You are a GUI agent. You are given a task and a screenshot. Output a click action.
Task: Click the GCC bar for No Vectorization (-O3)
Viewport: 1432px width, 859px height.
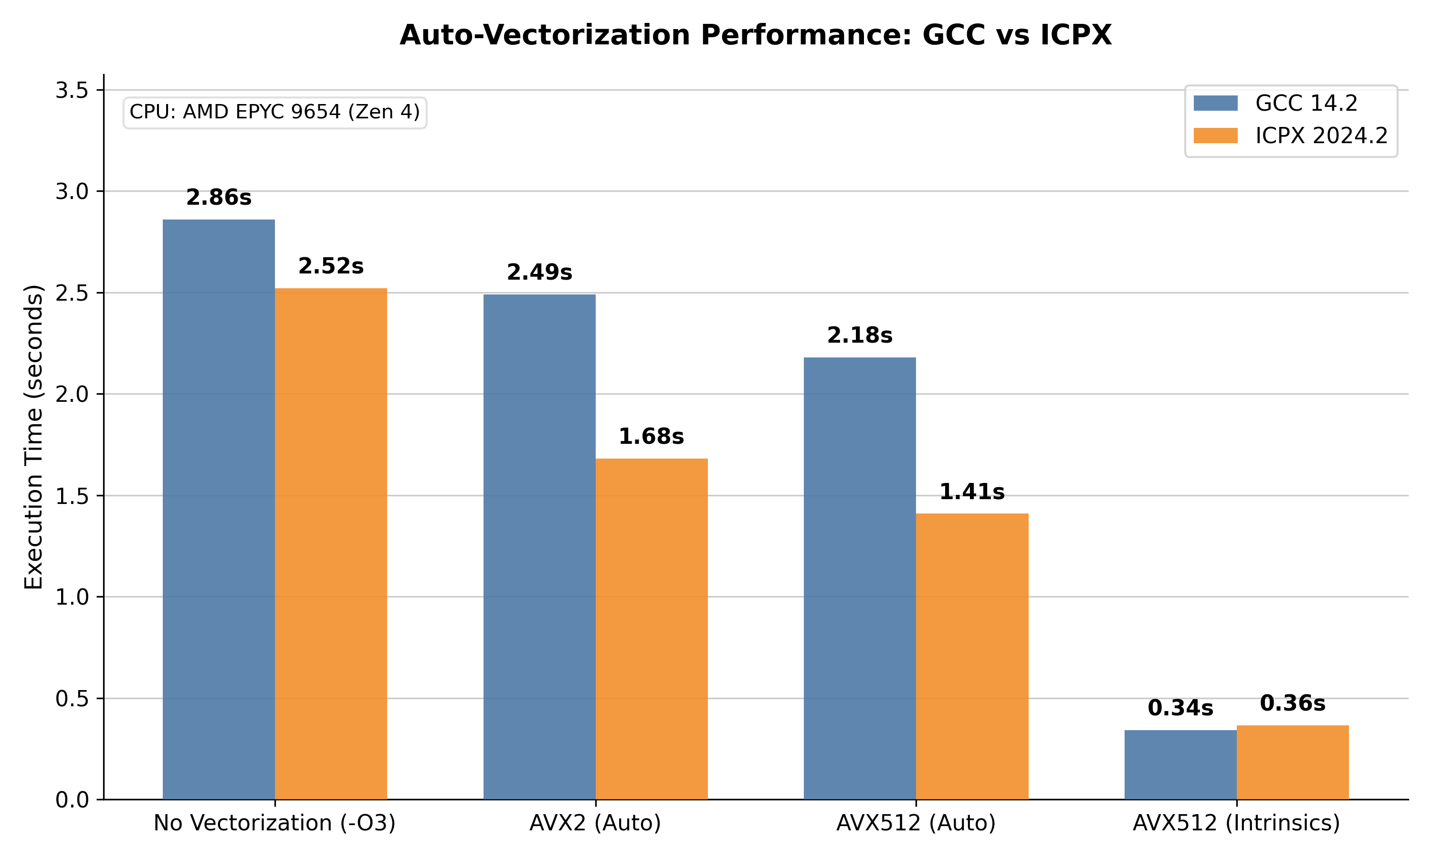pos(218,509)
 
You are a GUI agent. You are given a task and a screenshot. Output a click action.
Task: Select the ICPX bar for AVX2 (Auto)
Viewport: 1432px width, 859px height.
pos(651,629)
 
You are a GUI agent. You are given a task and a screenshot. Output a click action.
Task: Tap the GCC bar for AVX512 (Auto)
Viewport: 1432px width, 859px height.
pos(860,578)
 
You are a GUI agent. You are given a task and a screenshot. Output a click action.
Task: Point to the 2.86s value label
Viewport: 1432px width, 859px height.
pos(218,198)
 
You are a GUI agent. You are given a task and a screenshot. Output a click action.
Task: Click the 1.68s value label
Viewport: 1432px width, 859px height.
pos(651,437)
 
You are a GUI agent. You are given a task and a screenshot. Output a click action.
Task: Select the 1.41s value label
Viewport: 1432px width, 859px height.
pos(972,492)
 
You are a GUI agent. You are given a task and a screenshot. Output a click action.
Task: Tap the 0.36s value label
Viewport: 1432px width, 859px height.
pos(1293,703)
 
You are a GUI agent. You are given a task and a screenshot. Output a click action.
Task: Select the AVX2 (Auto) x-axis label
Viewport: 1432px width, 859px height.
pos(595,823)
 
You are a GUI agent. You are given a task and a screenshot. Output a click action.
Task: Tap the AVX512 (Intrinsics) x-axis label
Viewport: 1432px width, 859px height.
pos(1236,823)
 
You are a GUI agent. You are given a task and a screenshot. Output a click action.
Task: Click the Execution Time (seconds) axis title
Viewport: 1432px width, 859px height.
pos(33,437)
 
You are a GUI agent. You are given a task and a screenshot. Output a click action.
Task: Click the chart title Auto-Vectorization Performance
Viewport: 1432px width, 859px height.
pos(755,35)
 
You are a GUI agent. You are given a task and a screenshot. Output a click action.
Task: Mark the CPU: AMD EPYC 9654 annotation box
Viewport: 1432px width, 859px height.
pos(275,112)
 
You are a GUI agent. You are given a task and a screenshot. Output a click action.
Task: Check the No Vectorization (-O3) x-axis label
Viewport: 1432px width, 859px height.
pos(274,823)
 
